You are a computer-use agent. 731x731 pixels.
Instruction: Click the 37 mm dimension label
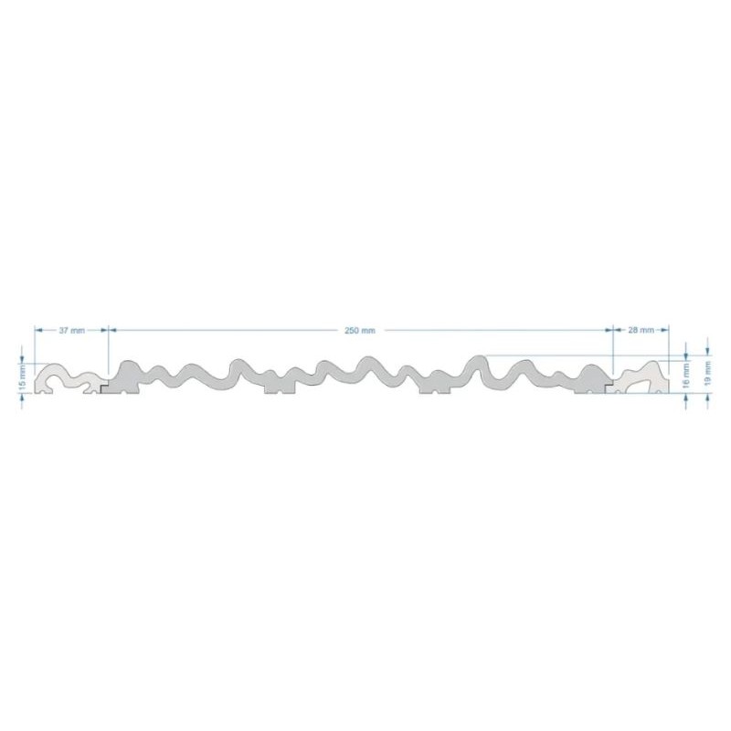72,330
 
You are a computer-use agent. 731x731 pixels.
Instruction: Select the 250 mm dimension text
359,330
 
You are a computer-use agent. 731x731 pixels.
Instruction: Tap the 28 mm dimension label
641,330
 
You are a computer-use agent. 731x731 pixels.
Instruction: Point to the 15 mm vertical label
22,378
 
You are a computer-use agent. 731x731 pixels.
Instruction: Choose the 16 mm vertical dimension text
685,376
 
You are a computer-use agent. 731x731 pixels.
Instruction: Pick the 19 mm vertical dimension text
707,373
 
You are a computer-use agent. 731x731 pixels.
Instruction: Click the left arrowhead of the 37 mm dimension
39,330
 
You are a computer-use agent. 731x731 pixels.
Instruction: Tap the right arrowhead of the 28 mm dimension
665,330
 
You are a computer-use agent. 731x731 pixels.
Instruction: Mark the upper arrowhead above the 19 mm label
707,351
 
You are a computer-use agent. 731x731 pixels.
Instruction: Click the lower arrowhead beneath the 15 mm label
22,397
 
